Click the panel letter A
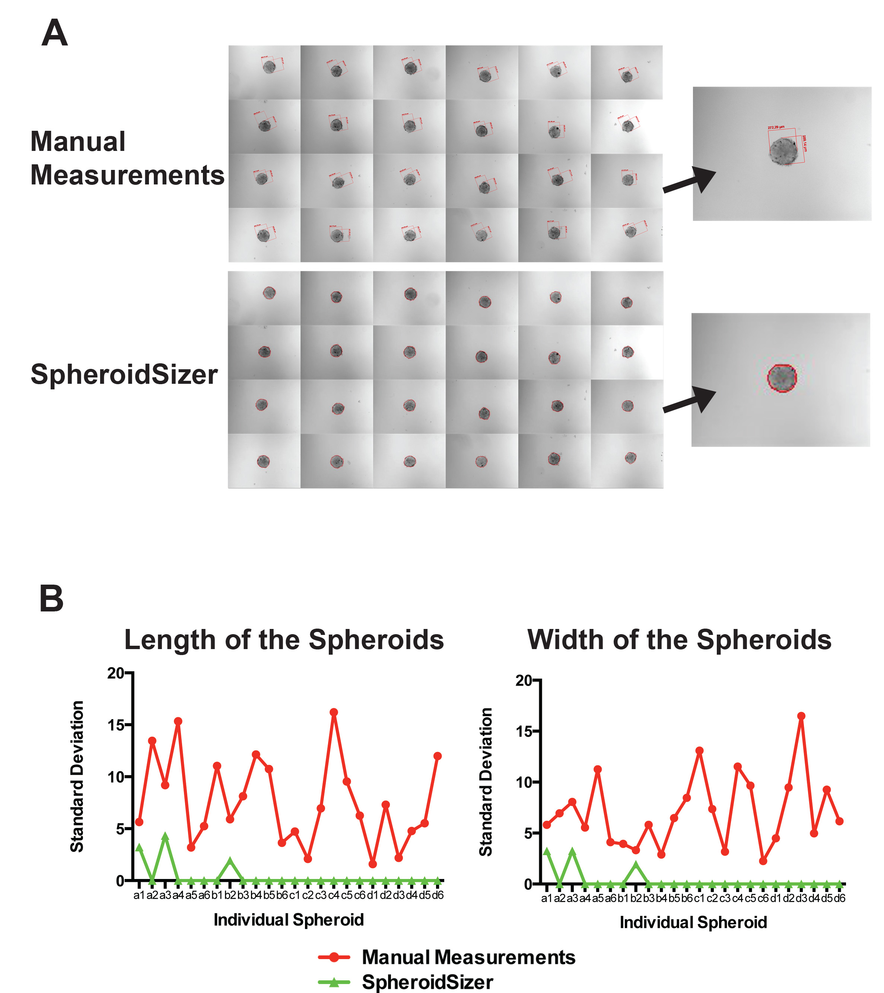54,33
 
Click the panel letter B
51,598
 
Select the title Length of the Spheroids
284,640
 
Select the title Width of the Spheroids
679,640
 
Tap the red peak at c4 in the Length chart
334,712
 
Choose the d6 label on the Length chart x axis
438,895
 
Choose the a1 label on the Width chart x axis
546,898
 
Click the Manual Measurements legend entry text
468,957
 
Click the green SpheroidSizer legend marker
334,982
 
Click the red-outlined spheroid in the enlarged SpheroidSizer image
782,378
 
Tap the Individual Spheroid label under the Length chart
289,920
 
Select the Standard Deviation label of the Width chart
486,782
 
